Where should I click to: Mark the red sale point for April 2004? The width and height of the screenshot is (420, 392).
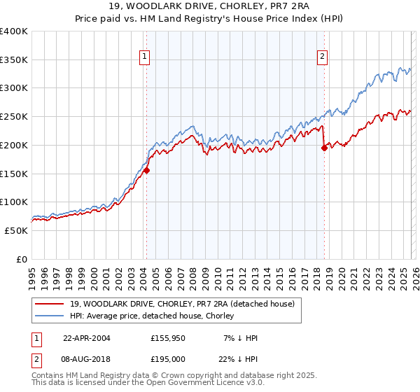tap(146, 170)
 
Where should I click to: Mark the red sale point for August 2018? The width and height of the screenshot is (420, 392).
tap(324, 148)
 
